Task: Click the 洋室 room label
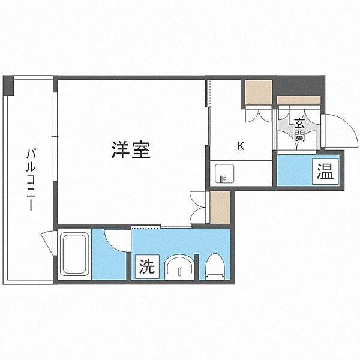click(131, 149)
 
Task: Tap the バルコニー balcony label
click(31, 179)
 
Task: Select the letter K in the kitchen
click(241, 146)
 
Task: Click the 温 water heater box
click(326, 171)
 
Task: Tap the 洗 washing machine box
click(147, 267)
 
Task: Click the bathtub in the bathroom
click(74, 254)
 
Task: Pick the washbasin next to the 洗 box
click(179, 266)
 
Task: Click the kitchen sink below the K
click(224, 173)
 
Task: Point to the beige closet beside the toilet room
click(220, 208)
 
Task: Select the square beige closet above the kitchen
click(259, 92)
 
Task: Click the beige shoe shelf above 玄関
click(298, 100)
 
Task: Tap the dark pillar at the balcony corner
click(8, 86)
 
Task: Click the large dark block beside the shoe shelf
click(298, 86)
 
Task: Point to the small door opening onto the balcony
click(48, 244)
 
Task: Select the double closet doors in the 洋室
click(198, 208)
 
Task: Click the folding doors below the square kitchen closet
click(259, 113)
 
